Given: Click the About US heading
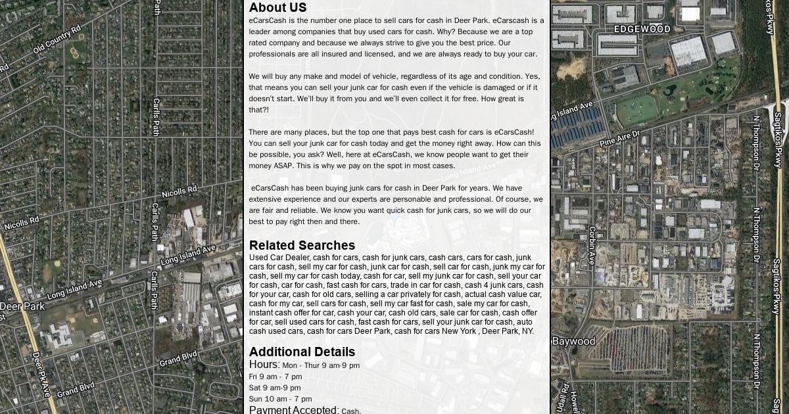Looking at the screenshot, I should (277, 8).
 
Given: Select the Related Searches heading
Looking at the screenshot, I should (302, 246).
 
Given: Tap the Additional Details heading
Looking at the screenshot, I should (302, 352).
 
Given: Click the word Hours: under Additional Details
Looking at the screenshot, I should (264, 365).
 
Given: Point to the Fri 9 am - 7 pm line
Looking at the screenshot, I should (275, 377).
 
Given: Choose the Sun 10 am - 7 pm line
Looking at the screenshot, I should (280, 399).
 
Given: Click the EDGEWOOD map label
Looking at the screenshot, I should (642, 30).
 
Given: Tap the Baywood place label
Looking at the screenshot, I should (573, 342).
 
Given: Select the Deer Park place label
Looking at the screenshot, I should (22, 306).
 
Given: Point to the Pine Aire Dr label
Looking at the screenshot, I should (619, 138).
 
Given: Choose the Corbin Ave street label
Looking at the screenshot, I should (592, 246).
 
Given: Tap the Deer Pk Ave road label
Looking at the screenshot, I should (41, 375).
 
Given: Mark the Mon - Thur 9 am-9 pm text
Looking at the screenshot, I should (321, 365).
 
